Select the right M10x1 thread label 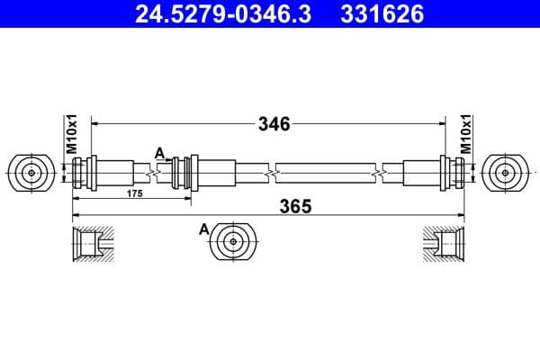[x=466, y=134]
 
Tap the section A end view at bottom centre [x=235, y=241]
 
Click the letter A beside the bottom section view [x=204, y=231]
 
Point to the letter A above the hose [x=159, y=152]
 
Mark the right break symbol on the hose [x=385, y=170]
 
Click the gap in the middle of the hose [x=272, y=170]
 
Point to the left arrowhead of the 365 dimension [x=76, y=215]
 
